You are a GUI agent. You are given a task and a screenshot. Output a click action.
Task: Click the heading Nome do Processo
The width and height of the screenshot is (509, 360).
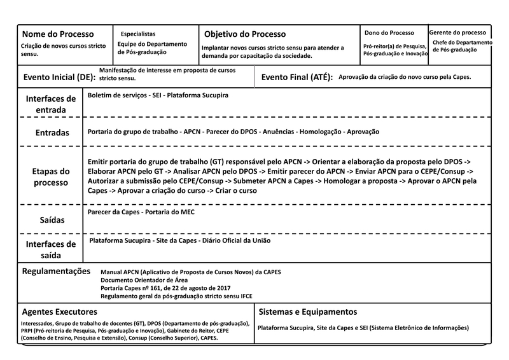click(58, 34)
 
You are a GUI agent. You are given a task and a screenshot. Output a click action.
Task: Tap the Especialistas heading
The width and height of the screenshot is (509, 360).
click(138, 34)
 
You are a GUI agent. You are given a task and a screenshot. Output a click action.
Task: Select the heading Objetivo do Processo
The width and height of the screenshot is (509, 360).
click(245, 34)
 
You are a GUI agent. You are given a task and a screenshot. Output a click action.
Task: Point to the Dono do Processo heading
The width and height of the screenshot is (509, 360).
click(389, 32)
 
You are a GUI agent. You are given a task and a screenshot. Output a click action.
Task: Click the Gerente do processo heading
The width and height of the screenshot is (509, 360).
click(457, 32)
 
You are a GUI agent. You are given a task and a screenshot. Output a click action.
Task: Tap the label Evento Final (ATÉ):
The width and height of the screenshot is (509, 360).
click(297, 77)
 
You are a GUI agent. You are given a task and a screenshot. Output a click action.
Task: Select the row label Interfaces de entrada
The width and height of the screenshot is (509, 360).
click(50, 104)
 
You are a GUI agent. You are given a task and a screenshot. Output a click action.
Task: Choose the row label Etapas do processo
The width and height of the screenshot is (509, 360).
click(50, 177)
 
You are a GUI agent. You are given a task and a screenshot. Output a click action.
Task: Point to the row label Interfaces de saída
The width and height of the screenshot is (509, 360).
click(50, 249)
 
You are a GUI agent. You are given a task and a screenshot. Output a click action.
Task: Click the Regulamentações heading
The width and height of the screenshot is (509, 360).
click(56, 271)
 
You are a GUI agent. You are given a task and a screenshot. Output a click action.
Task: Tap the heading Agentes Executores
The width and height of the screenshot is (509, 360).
click(59, 312)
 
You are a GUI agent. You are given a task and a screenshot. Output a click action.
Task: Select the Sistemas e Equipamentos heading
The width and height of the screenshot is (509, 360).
click(308, 312)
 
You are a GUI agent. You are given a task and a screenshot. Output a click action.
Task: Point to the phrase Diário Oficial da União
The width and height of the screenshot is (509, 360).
click(236, 242)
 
